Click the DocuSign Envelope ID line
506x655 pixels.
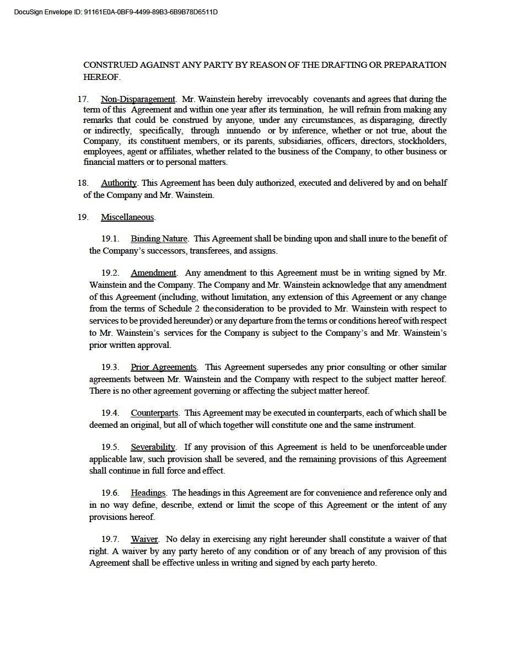pyautogui.click(x=115, y=11)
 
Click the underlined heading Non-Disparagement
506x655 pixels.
pyautogui.click(x=138, y=99)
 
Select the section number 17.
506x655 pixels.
pyautogui.click(x=83, y=99)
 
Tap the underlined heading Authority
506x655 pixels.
pyautogui.click(x=119, y=183)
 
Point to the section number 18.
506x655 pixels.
pyautogui.click(x=83, y=183)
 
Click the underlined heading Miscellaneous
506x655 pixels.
pyautogui.click(x=127, y=217)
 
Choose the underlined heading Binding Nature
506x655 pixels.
pyautogui.click(x=159, y=239)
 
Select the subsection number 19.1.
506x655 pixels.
pyautogui.click(x=110, y=239)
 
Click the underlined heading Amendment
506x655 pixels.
pyautogui.click(x=153, y=273)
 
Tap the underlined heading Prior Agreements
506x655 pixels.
pyautogui.click(x=164, y=367)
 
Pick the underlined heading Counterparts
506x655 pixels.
pyautogui.click(x=154, y=412)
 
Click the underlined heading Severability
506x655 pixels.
pyautogui.click(x=153, y=447)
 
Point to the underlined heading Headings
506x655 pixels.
pyautogui.click(x=148, y=493)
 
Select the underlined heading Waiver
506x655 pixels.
pyautogui.click(x=144, y=539)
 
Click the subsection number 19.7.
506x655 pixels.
pyautogui.click(x=110, y=539)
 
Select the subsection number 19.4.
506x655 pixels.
pyautogui.click(x=110, y=412)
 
